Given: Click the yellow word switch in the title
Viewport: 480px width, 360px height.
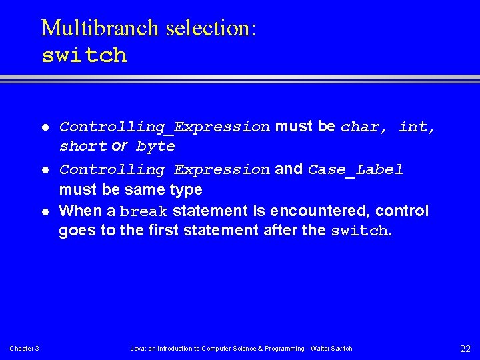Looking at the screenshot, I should [84, 55].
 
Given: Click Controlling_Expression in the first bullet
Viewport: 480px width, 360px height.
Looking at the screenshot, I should [165, 127].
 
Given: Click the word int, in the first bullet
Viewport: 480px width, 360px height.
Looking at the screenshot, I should [417, 127].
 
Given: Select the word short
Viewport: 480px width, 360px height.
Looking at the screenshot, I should [83, 146].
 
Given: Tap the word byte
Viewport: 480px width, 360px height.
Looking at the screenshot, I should [155, 146].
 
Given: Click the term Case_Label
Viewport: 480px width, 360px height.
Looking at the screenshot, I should [355, 169].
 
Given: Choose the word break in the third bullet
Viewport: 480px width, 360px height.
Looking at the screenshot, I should [144, 212].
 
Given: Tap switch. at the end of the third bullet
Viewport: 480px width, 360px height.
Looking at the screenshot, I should [360, 231].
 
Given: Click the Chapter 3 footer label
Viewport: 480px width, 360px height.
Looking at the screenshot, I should [24, 349].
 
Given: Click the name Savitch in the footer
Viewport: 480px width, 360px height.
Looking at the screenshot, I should [341, 349].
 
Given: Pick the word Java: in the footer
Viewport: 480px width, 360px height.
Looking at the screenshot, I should [137, 349].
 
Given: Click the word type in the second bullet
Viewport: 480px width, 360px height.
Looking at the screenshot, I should [186, 190].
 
